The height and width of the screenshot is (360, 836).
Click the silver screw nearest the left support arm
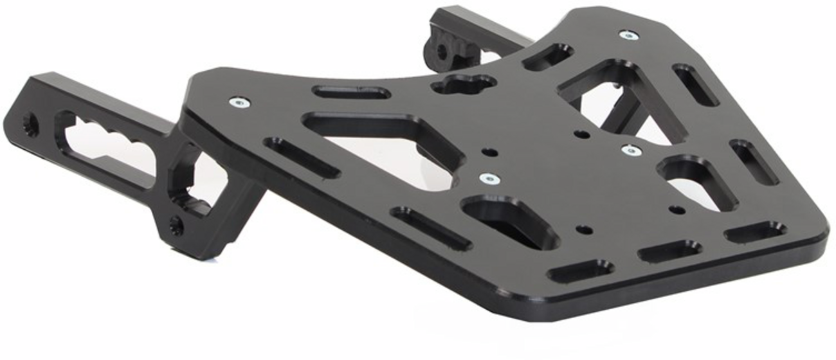[239, 102]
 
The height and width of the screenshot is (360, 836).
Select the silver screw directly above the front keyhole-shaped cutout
[490, 178]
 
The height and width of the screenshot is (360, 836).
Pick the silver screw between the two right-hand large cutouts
[631, 150]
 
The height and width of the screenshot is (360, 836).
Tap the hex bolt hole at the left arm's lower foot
[175, 225]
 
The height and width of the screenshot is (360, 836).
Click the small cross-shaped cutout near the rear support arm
[464, 84]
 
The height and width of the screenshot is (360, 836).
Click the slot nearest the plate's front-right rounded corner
[754, 231]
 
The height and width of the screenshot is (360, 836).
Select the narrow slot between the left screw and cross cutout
[351, 92]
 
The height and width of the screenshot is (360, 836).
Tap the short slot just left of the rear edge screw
[548, 57]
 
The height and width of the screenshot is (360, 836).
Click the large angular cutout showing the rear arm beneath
[621, 96]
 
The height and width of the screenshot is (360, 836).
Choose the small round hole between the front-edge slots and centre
[585, 229]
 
